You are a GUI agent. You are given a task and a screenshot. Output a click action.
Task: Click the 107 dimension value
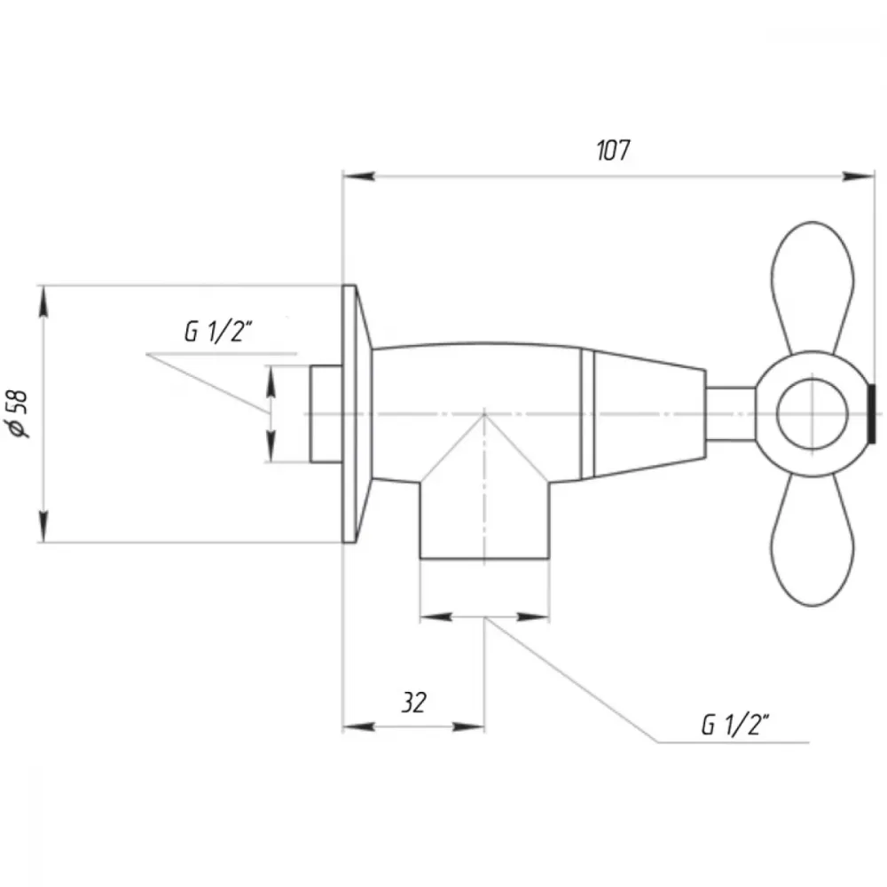(613, 151)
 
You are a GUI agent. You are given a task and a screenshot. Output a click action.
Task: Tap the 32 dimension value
(414, 703)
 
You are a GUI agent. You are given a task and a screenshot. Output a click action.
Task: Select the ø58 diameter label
(18, 414)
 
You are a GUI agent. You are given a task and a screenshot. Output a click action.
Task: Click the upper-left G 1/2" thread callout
(218, 331)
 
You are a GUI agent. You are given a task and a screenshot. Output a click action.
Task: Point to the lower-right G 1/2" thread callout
(735, 725)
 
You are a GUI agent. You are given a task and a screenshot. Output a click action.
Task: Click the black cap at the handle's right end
(872, 414)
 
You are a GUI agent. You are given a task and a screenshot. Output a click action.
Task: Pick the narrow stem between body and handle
(731, 414)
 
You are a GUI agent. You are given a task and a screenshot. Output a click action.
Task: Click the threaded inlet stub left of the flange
(326, 414)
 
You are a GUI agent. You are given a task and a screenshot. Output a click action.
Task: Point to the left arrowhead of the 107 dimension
(358, 177)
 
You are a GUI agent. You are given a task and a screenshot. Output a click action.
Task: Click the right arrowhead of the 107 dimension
(858, 177)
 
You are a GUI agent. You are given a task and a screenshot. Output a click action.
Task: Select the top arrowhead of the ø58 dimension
(43, 302)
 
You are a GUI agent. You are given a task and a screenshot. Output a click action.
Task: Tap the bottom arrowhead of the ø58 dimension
(43, 527)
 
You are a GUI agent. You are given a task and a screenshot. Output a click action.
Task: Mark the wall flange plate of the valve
(357, 414)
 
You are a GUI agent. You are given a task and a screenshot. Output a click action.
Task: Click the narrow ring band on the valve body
(588, 414)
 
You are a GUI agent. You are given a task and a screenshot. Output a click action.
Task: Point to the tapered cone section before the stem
(650, 414)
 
